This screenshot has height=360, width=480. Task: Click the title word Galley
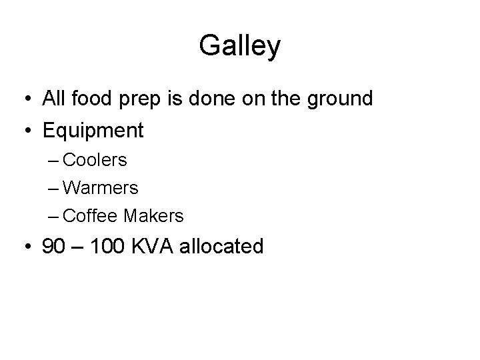point(240,47)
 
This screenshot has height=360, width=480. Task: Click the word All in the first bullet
point(53,99)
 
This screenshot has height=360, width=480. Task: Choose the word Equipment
point(93,131)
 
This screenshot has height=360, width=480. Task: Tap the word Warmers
point(102,188)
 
